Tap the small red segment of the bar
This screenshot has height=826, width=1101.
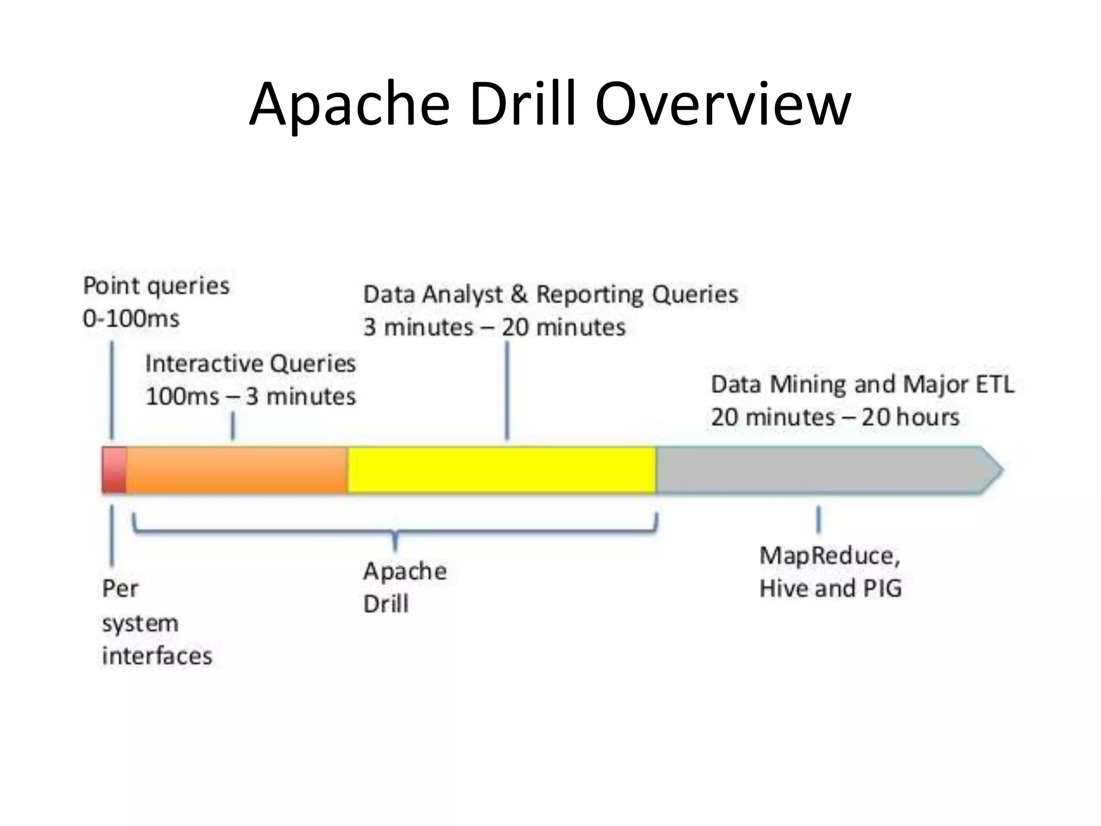(114, 469)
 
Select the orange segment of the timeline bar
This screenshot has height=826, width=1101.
(237, 469)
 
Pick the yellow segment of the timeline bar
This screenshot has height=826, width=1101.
(501, 469)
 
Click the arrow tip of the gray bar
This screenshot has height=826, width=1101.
(992, 469)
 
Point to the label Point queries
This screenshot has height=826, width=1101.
(156, 286)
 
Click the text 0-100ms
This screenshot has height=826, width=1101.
(131, 319)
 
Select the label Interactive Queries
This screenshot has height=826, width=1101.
(251, 364)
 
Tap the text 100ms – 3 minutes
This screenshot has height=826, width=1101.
(251, 397)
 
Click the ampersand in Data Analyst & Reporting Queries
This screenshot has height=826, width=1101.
(519, 295)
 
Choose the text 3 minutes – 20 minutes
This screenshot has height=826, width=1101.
(495, 327)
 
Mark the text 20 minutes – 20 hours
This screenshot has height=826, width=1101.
(835, 417)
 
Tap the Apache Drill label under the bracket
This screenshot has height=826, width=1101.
(404, 587)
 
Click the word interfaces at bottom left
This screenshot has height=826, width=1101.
(157, 656)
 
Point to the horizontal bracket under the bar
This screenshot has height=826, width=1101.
(395, 532)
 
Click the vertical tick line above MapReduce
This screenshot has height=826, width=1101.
(818, 519)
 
